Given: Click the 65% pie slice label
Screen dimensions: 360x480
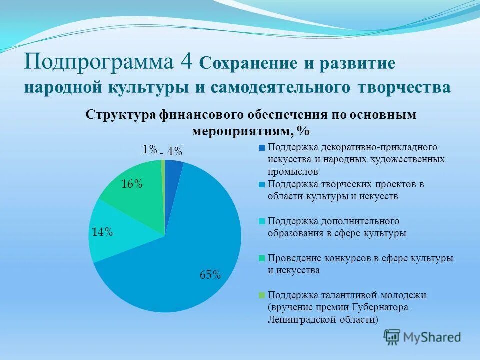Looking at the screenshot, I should (x=210, y=274).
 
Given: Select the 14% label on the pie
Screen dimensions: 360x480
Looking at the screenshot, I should (x=102, y=232).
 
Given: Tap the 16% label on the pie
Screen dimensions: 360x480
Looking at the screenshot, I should (x=132, y=184).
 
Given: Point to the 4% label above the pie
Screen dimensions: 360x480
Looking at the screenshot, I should (x=174, y=152).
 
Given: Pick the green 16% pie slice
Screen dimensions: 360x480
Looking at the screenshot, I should (x=137, y=195).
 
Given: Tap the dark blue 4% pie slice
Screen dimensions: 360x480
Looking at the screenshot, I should (x=173, y=170).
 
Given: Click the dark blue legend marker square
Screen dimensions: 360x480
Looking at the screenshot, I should (x=261, y=148).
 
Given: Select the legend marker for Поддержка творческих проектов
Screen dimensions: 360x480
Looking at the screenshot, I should (x=261, y=184).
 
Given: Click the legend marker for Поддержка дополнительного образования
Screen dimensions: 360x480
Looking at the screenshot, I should (x=261, y=221).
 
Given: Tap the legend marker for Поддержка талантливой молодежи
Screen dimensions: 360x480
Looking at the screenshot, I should (x=261, y=295).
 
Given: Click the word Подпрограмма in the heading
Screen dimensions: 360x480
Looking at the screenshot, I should (x=100, y=63).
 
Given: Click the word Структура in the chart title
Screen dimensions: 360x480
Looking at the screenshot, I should (x=121, y=115).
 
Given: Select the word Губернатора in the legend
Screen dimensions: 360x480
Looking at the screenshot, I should (x=380, y=307).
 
